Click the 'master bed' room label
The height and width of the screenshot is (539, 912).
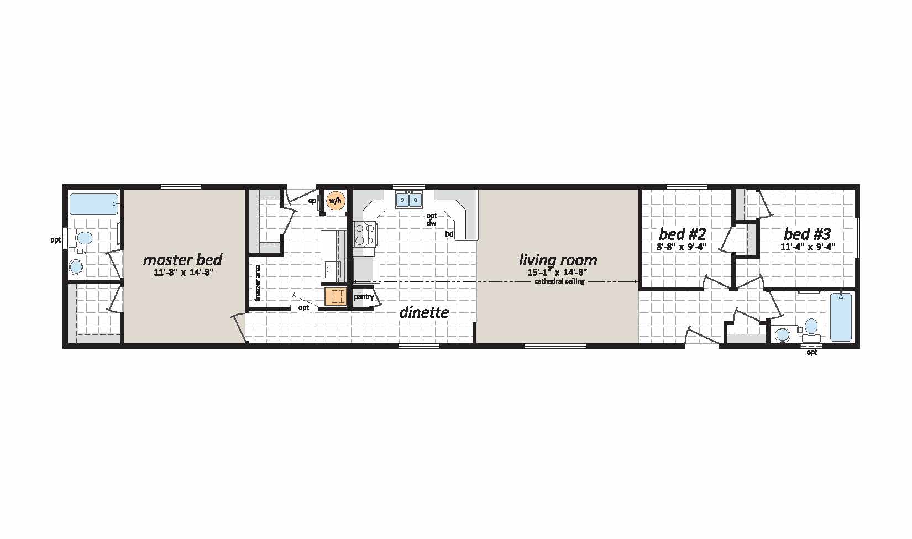click(x=183, y=260)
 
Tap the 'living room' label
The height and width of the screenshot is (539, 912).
click(x=558, y=260)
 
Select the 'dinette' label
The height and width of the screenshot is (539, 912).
click(x=424, y=313)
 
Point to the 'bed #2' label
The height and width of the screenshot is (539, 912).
click(x=683, y=234)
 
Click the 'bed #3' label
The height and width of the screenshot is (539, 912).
click(x=808, y=234)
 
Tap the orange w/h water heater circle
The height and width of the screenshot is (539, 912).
click(x=335, y=200)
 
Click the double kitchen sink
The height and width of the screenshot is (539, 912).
click(x=409, y=200)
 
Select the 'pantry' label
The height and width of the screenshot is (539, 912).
click(x=364, y=296)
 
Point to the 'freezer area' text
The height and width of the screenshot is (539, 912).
click(x=258, y=283)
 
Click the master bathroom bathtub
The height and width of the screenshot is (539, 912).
click(x=94, y=205)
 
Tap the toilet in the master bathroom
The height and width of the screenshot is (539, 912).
click(x=81, y=237)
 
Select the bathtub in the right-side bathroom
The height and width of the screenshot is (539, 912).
click(x=840, y=317)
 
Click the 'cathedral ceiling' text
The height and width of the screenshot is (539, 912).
click(x=559, y=282)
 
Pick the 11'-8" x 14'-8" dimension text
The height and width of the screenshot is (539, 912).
click(x=183, y=273)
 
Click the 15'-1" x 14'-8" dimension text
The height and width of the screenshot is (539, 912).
click(x=559, y=273)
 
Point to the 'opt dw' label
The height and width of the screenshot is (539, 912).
click(x=432, y=219)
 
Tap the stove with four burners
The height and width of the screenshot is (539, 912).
click(x=365, y=234)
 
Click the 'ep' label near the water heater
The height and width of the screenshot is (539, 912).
click(x=312, y=201)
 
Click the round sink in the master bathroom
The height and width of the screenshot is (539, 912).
click(x=76, y=267)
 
